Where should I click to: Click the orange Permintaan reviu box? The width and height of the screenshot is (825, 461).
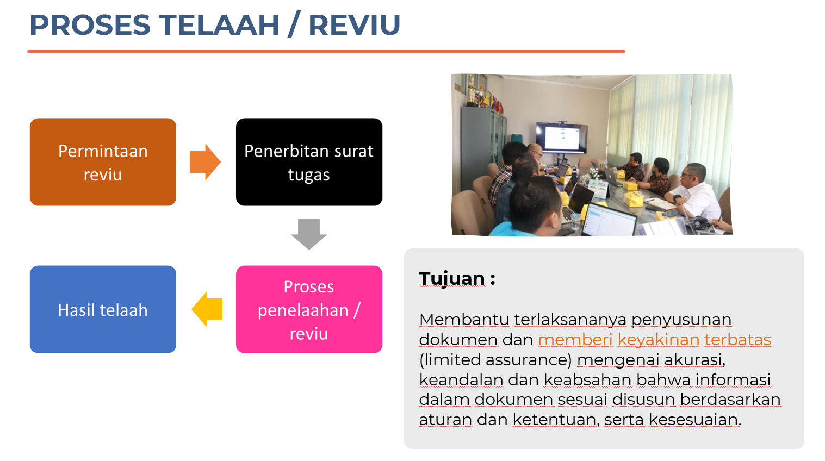click(x=103, y=162)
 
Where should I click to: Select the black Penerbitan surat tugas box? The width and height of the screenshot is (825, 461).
click(x=309, y=162)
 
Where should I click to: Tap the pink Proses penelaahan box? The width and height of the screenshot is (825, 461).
click(x=309, y=309)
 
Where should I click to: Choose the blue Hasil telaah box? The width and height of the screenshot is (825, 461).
click(x=103, y=309)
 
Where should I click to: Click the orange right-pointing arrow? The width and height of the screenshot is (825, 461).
click(x=205, y=162)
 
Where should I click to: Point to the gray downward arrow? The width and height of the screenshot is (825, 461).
click(x=309, y=234)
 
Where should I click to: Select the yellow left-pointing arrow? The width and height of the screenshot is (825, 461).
click(x=207, y=309)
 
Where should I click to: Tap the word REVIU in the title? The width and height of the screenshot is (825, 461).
click(x=354, y=25)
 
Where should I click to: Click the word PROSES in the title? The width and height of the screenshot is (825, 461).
click(x=90, y=25)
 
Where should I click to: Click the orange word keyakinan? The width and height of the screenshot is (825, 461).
click(x=658, y=339)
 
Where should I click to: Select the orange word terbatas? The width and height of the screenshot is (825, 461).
click(x=737, y=339)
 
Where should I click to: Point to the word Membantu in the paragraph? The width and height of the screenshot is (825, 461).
click(x=464, y=320)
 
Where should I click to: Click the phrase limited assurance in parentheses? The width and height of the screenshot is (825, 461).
click(x=495, y=360)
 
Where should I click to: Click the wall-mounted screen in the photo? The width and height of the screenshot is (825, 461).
click(x=562, y=138)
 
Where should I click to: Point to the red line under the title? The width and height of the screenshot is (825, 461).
click(x=326, y=52)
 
